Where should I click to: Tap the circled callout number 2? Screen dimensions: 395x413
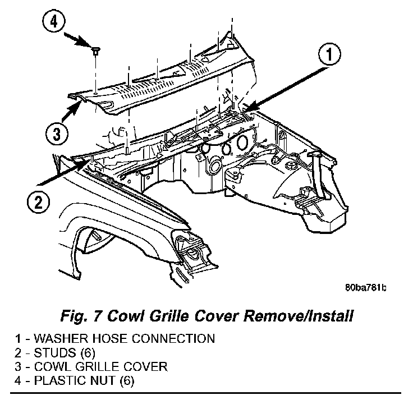(37, 200)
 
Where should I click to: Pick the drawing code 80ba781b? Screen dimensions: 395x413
(365, 288)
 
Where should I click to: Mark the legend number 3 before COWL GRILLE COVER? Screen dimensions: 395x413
(19, 367)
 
